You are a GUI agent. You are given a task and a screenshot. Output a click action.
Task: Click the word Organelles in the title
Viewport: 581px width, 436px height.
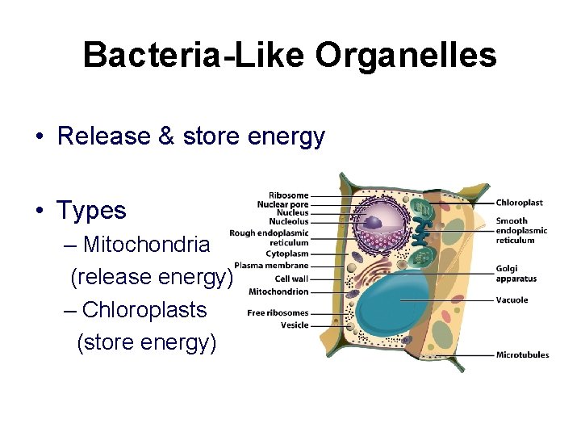[x=406, y=56]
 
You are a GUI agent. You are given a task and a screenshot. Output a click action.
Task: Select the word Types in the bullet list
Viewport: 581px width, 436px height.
[x=91, y=211]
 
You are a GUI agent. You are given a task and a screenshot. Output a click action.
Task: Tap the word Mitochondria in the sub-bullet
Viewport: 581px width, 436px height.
[x=146, y=244]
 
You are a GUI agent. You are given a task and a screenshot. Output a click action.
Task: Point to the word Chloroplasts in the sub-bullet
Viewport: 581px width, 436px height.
[x=144, y=310]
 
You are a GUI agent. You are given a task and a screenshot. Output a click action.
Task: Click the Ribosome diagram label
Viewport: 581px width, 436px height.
[x=288, y=195]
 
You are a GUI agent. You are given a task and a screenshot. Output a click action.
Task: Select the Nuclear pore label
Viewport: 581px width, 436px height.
[x=282, y=205]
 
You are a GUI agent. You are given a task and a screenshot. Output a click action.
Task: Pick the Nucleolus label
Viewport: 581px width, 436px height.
[x=288, y=222]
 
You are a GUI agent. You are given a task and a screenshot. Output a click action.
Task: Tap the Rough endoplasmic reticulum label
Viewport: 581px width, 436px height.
[x=270, y=237]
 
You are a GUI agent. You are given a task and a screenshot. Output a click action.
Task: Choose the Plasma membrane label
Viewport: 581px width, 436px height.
[x=271, y=266]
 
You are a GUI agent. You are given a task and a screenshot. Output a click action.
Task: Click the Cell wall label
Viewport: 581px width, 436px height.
[x=291, y=279]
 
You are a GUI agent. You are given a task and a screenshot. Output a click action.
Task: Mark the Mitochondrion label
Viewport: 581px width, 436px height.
[x=278, y=291]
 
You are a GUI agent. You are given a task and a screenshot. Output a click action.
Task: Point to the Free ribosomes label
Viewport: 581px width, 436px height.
[x=278, y=313]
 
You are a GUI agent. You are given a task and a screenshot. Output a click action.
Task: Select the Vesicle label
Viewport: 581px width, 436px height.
[x=295, y=325]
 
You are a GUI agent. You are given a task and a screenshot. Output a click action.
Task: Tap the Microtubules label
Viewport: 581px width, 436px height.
[x=522, y=354]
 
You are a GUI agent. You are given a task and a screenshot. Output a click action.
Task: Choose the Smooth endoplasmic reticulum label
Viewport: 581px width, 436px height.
[x=521, y=230]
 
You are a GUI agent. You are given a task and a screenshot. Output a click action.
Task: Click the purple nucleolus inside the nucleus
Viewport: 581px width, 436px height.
[x=373, y=222]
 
